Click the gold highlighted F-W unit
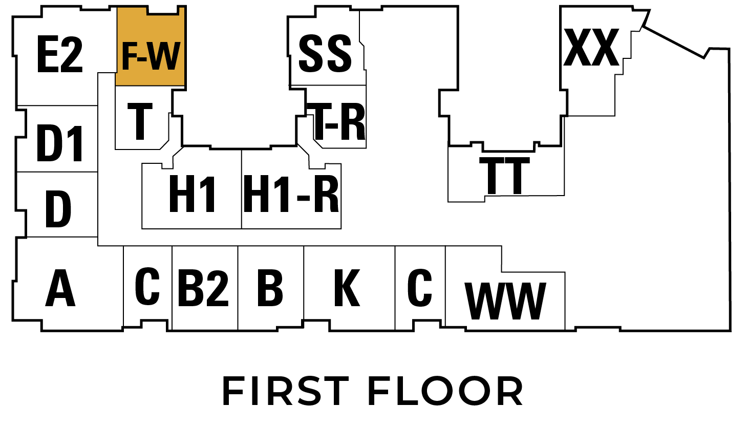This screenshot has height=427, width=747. tap(151, 55)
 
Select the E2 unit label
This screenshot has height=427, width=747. tap(60, 54)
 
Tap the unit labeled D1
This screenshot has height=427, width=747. tap(60, 144)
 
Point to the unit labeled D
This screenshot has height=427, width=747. tap(58, 209)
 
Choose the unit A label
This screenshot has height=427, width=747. tap(60, 288)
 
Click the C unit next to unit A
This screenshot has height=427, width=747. tap(147, 287)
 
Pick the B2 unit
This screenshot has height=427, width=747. tap(203, 288)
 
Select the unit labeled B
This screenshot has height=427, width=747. tap(270, 288)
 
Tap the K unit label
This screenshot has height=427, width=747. tap(347, 288)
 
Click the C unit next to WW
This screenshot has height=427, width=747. tap(420, 288)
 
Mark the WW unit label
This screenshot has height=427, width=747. tap(505, 301)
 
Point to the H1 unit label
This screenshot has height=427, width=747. tap(192, 194)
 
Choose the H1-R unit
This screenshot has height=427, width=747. tap(291, 195)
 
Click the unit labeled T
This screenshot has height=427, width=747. tap(140, 121)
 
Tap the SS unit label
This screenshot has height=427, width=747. tap(325, 53)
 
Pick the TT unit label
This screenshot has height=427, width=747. tap(505, 176)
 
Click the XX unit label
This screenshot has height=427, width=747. tap(591, 47)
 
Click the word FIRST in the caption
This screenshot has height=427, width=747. tap(286, 391)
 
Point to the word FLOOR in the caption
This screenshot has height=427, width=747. tap(445, 391)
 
